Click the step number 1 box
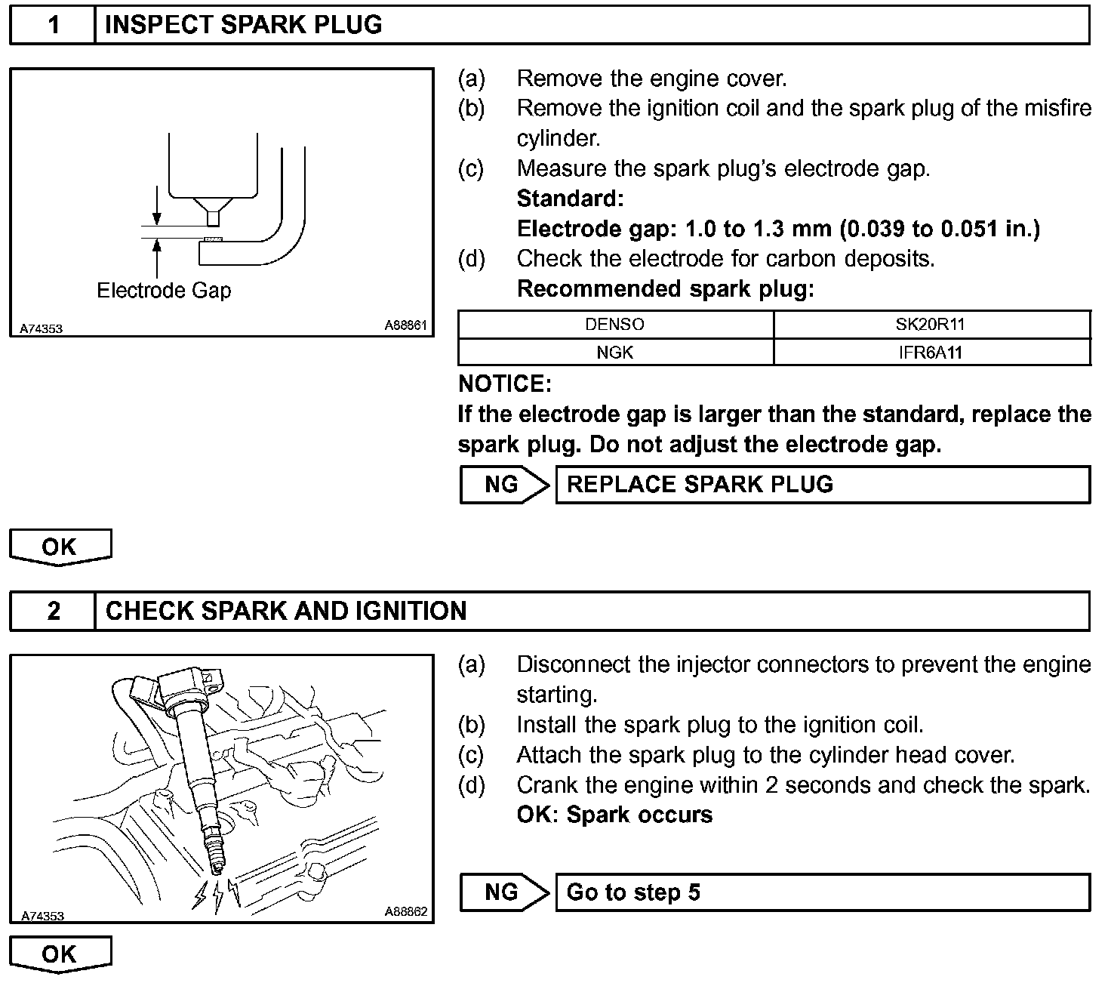click(x=53, y=25)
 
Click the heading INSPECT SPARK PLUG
click(x=243, y=25)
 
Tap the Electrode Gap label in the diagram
click(x=164, y=291)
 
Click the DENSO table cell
click(x=615, y=325)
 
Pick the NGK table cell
click(x=615, y=352)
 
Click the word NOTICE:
click(x=505, y=384)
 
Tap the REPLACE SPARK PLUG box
click(x=823, y=485)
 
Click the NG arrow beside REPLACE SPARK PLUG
click(x=504, y=485)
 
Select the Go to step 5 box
click(x=823, y=892)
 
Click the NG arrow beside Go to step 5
click(x=504, y=892)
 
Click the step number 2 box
click(x=53, y=611)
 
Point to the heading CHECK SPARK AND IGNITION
click(x=286, y=611)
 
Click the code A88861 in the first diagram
click(x=406, y=325)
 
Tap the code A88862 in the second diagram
click(x=406, y=911)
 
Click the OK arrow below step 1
click(x=60, y=547)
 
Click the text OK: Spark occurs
click(x=614, y=815)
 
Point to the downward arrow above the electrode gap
click(x=156, y=205)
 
